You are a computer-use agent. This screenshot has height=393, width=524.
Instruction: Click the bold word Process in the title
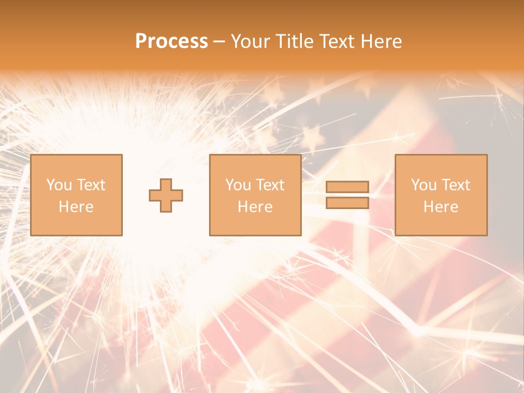click(x=171, y=41)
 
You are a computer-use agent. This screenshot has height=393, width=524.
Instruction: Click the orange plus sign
click(x=166, y=195)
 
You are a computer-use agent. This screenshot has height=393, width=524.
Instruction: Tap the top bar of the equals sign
click(x=347, y=187)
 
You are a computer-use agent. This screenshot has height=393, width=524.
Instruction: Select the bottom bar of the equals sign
click(x=347, y=203)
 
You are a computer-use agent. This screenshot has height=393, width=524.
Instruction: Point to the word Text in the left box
click(x=91, y=185)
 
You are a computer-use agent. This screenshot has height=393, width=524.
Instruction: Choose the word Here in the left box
click(x=76, y=207)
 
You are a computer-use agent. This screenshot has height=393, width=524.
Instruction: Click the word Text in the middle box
click(x=270, y=185)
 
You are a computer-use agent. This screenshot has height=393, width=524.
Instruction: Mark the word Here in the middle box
click(x=255, y=207)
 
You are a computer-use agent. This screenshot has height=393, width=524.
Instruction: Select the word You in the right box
click(x=424, y=185)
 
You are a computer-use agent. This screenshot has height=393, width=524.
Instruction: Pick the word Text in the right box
click(x=455, y=185)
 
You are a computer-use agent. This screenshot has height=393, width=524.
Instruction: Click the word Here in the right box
click(x=440, y=207)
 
